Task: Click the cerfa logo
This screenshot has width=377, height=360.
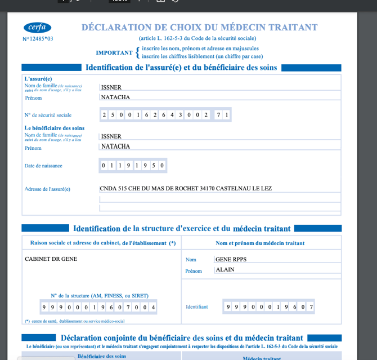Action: click(x=37, y=28)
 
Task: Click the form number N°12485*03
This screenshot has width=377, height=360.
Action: click(x=38, y=39)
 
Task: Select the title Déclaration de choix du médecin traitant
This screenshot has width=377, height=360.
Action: click(x=199, y=27)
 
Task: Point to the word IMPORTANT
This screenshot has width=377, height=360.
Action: click(x=114, y=52)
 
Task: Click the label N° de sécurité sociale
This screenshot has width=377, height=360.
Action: click(x=48, y=115)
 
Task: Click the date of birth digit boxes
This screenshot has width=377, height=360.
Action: click(x=133, y=166)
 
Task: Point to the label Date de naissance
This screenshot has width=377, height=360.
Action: click(x=43, y=166)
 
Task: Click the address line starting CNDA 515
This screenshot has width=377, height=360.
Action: click(x=186, y=189)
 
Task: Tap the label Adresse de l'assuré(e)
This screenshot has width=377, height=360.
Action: click(x=47, y=189)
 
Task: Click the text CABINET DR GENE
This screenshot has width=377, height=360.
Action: click(x=51, y=259)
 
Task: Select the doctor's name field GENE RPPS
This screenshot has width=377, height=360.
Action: click(x=231, y=260)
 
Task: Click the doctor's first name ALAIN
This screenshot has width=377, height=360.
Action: click(x=225, y=270)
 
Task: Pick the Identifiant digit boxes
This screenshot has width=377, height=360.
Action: click(x=268, y=307)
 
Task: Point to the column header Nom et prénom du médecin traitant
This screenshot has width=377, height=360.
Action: click(x=260, y=243)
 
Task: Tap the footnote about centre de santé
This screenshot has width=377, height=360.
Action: click(x=74, y=321)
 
